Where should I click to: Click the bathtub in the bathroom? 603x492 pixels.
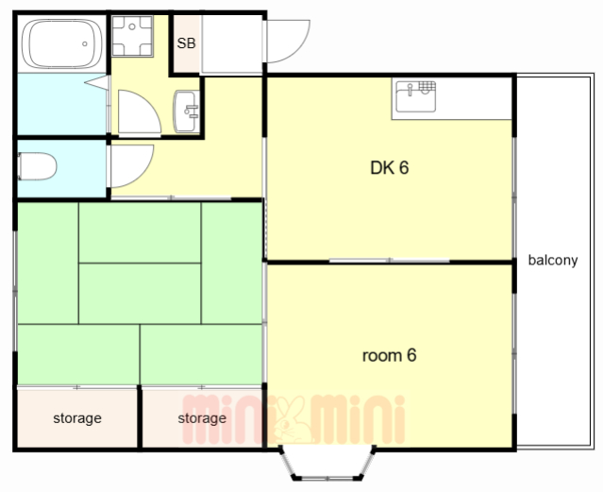pos(61,43)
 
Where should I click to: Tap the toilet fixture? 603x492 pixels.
pos(38,166)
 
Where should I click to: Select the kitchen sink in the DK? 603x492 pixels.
pos(416,96)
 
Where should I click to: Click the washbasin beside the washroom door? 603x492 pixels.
pos(186,111)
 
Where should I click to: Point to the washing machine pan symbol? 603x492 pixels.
pos(132,36)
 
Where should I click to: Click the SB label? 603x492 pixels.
pos(186,43)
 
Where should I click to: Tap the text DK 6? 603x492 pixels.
pos(389,168)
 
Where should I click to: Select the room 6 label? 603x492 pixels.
pos(389,355)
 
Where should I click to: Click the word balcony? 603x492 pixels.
pos(553,261)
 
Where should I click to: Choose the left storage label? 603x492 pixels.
pos(77,418)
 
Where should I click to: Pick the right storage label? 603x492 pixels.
pos(202,418)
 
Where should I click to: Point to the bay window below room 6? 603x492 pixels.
pos(327,463)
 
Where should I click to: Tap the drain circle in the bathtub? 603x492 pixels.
pos(85,43)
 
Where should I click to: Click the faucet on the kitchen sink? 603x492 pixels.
pos(410,90)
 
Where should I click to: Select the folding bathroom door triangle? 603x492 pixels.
pos(97,82)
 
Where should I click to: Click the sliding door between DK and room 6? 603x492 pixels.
pos(389,261)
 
